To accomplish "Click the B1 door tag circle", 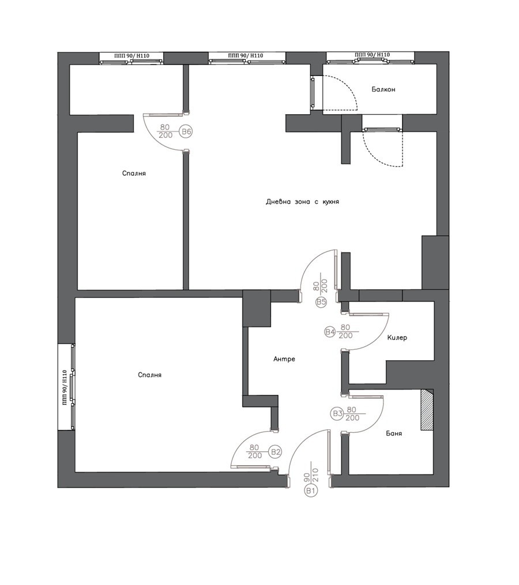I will (x=310, y=490).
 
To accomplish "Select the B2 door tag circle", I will (x=276, y=452).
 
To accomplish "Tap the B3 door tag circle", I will (x=337, y=413).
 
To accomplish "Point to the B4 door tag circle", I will (x=330, y=331).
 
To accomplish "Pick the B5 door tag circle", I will (x=321, y=302).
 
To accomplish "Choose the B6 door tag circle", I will (x=186, y=132).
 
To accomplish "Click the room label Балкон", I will (x=383, y=89).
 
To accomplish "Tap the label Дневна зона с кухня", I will (x=302, y=202).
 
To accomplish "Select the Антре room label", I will (x=284, y=359).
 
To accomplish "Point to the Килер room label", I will (x=397, y=337).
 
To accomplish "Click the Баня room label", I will (x=394, y=433).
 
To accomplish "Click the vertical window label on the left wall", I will (x=65, y=387).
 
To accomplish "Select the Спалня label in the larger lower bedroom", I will (x=150, y=375).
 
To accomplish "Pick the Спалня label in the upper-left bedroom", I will (x=134, y=173).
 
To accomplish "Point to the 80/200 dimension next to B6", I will (x=166, y=131).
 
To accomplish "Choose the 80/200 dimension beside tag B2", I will (x=254, y=451).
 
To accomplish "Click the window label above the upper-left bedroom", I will (x=132, y=55).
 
